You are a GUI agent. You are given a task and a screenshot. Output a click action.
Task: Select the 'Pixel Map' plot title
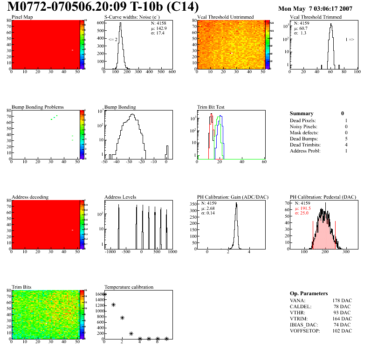pos(22,17)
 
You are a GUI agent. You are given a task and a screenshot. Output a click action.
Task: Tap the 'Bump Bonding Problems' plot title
pos(38,107)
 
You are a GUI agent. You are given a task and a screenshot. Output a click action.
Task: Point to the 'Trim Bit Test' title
pos(211,107)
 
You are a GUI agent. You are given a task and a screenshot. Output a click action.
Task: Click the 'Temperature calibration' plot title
pos(129,287)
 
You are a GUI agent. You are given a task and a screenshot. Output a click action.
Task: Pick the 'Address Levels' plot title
pos(121,197)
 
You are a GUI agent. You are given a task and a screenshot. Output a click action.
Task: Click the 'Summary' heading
pos(302,113)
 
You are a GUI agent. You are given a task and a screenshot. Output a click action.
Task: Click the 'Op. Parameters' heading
pos(309,293)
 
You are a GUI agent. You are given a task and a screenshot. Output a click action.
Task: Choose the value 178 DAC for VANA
pos(342,300)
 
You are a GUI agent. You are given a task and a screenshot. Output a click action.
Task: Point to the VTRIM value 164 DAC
pos(342,318)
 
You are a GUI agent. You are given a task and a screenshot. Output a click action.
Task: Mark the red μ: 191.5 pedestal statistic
pos(303,208)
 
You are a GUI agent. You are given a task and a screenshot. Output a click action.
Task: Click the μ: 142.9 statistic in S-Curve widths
pos(159,28)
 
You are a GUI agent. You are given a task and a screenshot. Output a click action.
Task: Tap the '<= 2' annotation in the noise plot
pos(113,40)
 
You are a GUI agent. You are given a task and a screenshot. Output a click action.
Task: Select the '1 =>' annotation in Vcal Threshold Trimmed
pos(350,40)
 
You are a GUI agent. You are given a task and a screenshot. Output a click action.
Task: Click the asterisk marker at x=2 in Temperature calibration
pos(122,318)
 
